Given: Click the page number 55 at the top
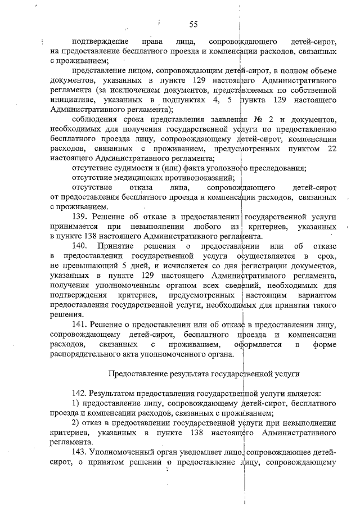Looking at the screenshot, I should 193,24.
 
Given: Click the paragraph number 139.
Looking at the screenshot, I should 82,217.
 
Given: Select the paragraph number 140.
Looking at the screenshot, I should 82,246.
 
